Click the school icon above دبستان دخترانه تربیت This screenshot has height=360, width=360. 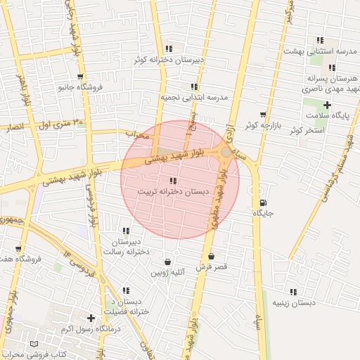(174, 181)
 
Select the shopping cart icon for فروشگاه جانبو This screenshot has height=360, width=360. (80, 77)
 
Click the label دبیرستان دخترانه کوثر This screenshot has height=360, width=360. (169, 60)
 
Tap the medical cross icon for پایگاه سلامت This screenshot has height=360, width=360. (327, 105)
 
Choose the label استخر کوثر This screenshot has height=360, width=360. (305, 131)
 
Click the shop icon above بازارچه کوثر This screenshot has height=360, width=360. (263, 114)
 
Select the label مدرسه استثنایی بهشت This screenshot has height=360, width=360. (320, 51)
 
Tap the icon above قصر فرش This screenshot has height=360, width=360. (211, 256)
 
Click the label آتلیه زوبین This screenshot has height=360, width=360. (167, 271)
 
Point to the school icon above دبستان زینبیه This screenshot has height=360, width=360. (293, 291)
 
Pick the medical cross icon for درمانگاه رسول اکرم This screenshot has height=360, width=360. (91, 318)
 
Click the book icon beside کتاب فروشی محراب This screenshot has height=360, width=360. (35, 344)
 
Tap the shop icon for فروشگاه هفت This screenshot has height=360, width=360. (18, 248)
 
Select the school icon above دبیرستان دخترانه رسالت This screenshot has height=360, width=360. (126, 231)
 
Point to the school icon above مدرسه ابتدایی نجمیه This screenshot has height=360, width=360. (195, 86)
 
